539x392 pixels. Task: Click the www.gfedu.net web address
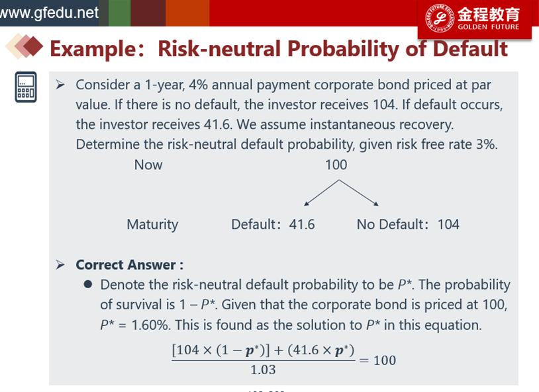pyautogui.click(x=49, y=13)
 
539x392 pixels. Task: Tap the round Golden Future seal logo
pyautogui.click(x=440, y=18)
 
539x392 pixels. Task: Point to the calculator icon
pyautogui.click(x=26, y=87)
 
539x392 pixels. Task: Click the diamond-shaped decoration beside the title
pyautogui.click(x=24, y=46)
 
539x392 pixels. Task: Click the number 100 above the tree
pyautogui.click(x=336, y=165)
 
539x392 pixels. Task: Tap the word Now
pyautogui.click(x=148, y=165)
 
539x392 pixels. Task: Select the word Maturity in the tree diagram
pyautogui.click(x=152, y=225)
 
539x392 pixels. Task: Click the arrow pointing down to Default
pyautogui.click(x=321, y=193)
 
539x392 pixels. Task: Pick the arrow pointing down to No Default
pyautogui.click(x=358, y=193)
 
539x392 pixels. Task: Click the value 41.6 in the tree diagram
pyautogui.click(x=302, y=225)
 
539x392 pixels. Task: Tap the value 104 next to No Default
pyautogui.click(x=448, y=225)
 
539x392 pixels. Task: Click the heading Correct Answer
pyautogui.click(x=130, y=265)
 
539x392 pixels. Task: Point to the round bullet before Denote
pyautogui.click(x=88, y=284)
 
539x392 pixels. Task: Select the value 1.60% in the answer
pyautogui.click(x=150, y=325)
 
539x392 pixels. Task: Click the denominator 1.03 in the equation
pyautogui.click(x=263, y=370)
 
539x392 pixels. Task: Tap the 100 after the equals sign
pyautogui.click(x=385, y=360)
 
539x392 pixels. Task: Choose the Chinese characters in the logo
pyautogui.click(x=489, y=15)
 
